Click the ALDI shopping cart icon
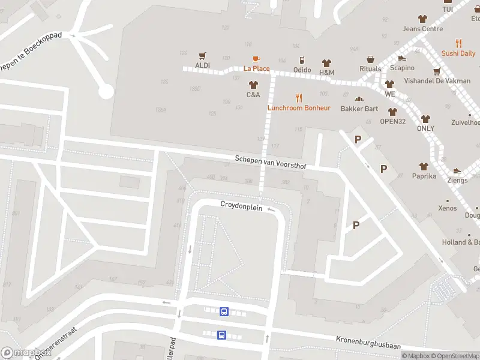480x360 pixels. tap(202, 55)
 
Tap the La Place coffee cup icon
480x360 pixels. tap(256, 58)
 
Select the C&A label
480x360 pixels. tap(253, 94)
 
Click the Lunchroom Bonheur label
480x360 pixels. tap(299, 108)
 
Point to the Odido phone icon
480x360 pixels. tap(302, 61)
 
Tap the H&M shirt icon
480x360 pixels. tap(326, 62)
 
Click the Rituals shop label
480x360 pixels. tap(370, 69)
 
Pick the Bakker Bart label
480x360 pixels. tap(359, 109)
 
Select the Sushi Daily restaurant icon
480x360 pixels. tap(459, 43)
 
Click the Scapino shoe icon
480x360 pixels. tap(402, 58)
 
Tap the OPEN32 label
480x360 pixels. tap(393, 121)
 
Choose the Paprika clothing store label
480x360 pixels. tap(424, 176)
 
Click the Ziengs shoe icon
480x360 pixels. tap(457, 171)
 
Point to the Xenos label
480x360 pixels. tap(447, 208)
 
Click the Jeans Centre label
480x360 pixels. tap(422, 29)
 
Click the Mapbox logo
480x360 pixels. tap(25, 353)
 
